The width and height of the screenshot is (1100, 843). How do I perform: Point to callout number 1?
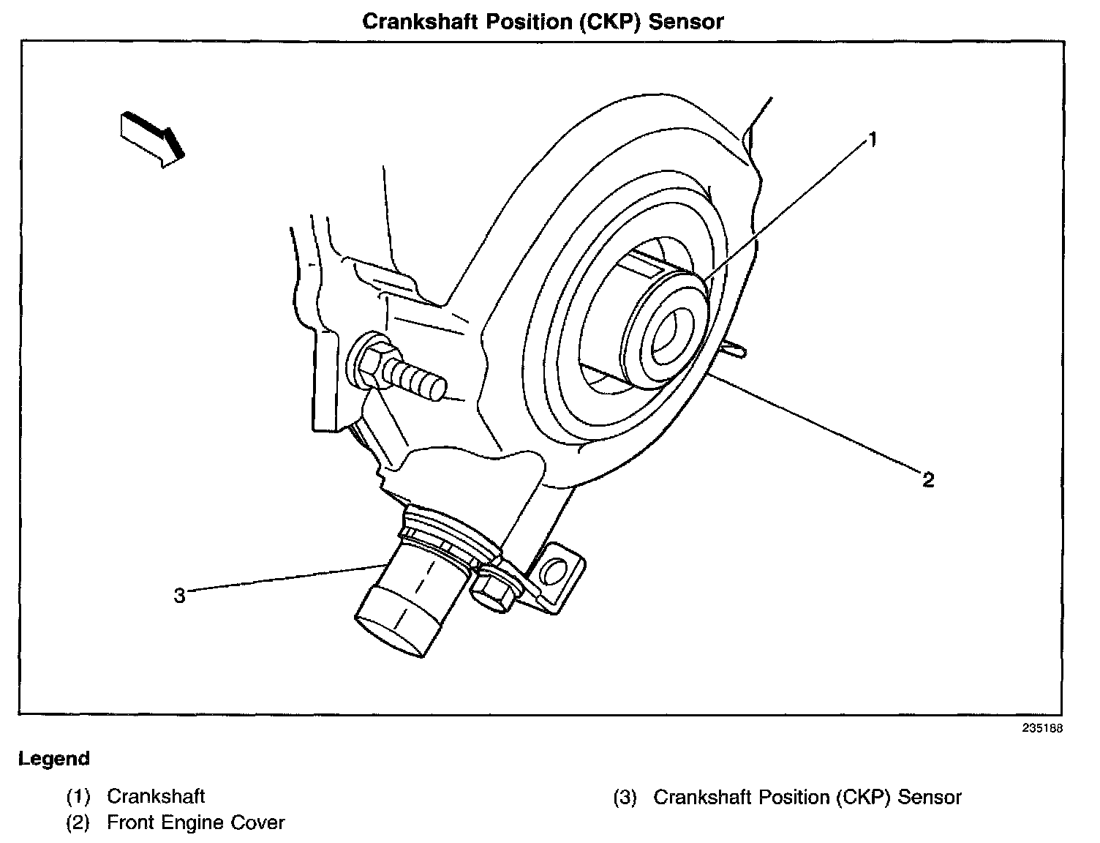(872, 139)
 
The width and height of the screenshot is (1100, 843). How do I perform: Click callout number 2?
(928, 479)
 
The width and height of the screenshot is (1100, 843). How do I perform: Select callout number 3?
(180, 596)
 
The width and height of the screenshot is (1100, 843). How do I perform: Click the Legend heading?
(54, 759)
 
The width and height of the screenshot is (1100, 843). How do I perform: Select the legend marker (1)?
(78, 796)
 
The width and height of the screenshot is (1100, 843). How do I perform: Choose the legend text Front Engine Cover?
(195, 823)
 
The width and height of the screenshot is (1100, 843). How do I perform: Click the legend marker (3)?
(625, 797)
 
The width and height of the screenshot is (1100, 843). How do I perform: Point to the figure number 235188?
(1042, 728)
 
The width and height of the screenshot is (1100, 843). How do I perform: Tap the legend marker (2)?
(78, 823)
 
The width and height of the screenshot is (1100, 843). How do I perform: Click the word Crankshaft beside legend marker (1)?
(156, 796)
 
